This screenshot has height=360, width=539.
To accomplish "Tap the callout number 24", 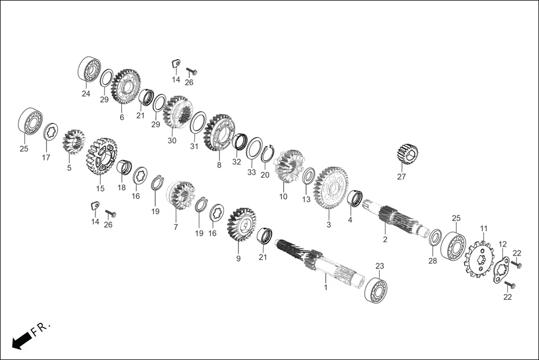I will coord(85,94).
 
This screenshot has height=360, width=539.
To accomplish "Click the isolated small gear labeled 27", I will coord(407,155).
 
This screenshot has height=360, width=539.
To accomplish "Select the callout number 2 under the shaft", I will coord(385,239).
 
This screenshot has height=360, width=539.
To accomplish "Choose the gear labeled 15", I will coord(101,156).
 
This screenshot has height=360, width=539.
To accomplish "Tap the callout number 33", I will coord(252,172).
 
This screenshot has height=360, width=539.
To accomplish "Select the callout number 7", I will coord(175,227).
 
